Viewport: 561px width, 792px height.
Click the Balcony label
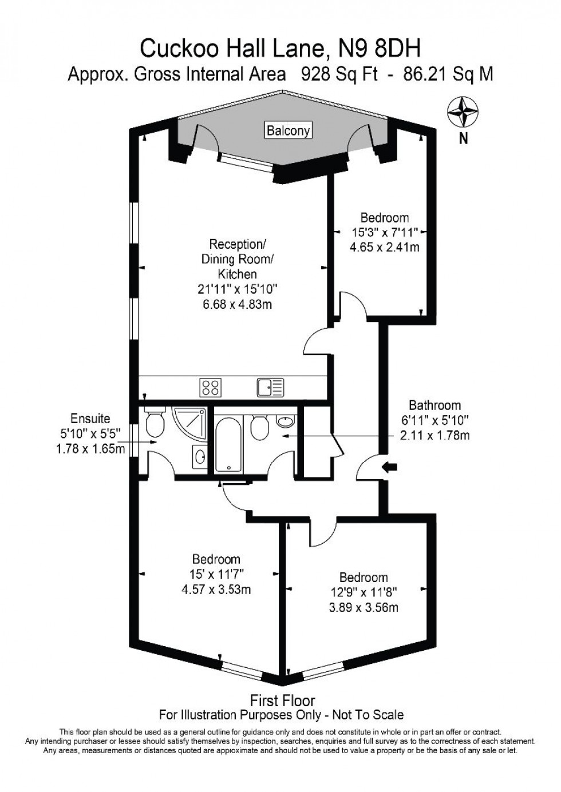coord(288,130)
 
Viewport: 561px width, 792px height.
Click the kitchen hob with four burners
coord(210,387)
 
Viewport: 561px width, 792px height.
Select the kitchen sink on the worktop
coord(270,387)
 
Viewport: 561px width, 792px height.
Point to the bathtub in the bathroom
coord(229,443)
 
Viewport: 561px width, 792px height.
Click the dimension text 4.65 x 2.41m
coord(384,247)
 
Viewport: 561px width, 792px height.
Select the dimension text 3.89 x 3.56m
coord(364,607)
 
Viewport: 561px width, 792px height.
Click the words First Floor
coord(282,700)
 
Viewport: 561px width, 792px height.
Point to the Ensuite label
coord(90,419)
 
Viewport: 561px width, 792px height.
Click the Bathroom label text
coord(434,405)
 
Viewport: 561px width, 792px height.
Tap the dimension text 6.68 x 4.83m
coord(237,304)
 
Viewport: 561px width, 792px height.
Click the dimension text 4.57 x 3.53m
coord(216,589)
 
